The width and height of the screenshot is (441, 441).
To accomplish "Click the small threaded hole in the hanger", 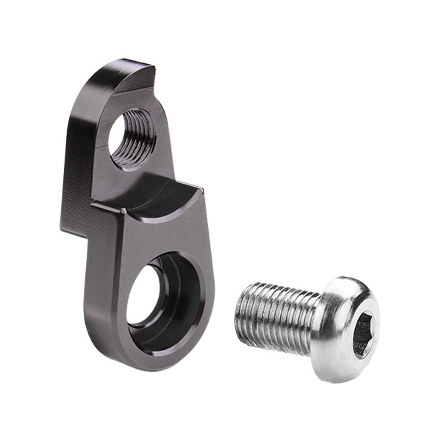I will [x=131, y=139].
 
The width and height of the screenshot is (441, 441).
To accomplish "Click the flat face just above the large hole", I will [x=162, y=235].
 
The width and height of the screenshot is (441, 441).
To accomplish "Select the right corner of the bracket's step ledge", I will [x=202, y=188].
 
